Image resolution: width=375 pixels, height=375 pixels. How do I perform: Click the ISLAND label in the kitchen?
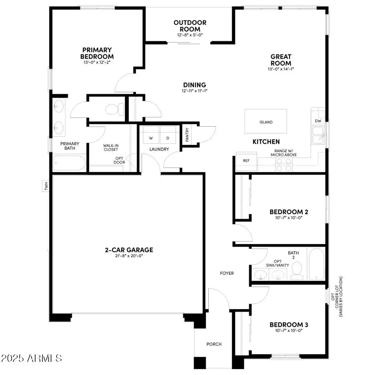coord(266,122)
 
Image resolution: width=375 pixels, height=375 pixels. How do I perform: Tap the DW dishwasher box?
coord(318,121)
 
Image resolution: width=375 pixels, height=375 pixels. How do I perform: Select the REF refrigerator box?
coord(246,160)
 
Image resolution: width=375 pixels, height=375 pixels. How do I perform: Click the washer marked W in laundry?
coord(151,138)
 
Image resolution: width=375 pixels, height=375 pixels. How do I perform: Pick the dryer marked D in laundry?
coord(168,138)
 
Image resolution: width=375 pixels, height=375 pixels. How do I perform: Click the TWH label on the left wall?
coord(46,186)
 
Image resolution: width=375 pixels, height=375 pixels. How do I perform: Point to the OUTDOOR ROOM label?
coord(190,26)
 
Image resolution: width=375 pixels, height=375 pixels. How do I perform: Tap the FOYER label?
coord(227,273)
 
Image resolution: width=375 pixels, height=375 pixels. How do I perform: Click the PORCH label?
coord(214,344)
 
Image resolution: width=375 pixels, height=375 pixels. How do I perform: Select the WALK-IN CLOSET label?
coord(111,147)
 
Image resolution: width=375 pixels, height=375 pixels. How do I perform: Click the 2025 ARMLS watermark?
coord(32,358)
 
